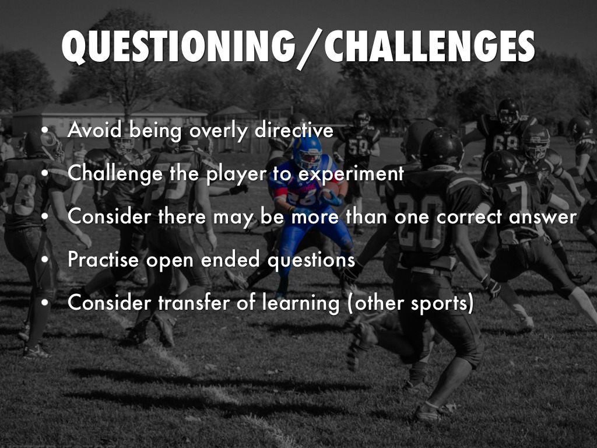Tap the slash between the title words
click(x=310, y=49)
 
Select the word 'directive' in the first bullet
click(x=294, y=130)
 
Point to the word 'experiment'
click(x=350, y=174)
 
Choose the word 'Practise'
click(x=103, y=259)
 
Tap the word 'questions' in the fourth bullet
click(x=311, y=260)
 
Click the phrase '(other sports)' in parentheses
click(x=410, y=303)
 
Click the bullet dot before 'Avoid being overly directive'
click(x=45, y=130)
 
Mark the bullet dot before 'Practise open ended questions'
click(x=45, y=260)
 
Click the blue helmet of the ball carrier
click(x=307, y=152)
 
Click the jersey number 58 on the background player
click(x=359, y=146)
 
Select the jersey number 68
click(x=505, y=142)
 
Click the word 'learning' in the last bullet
click(x=301, y=304)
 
